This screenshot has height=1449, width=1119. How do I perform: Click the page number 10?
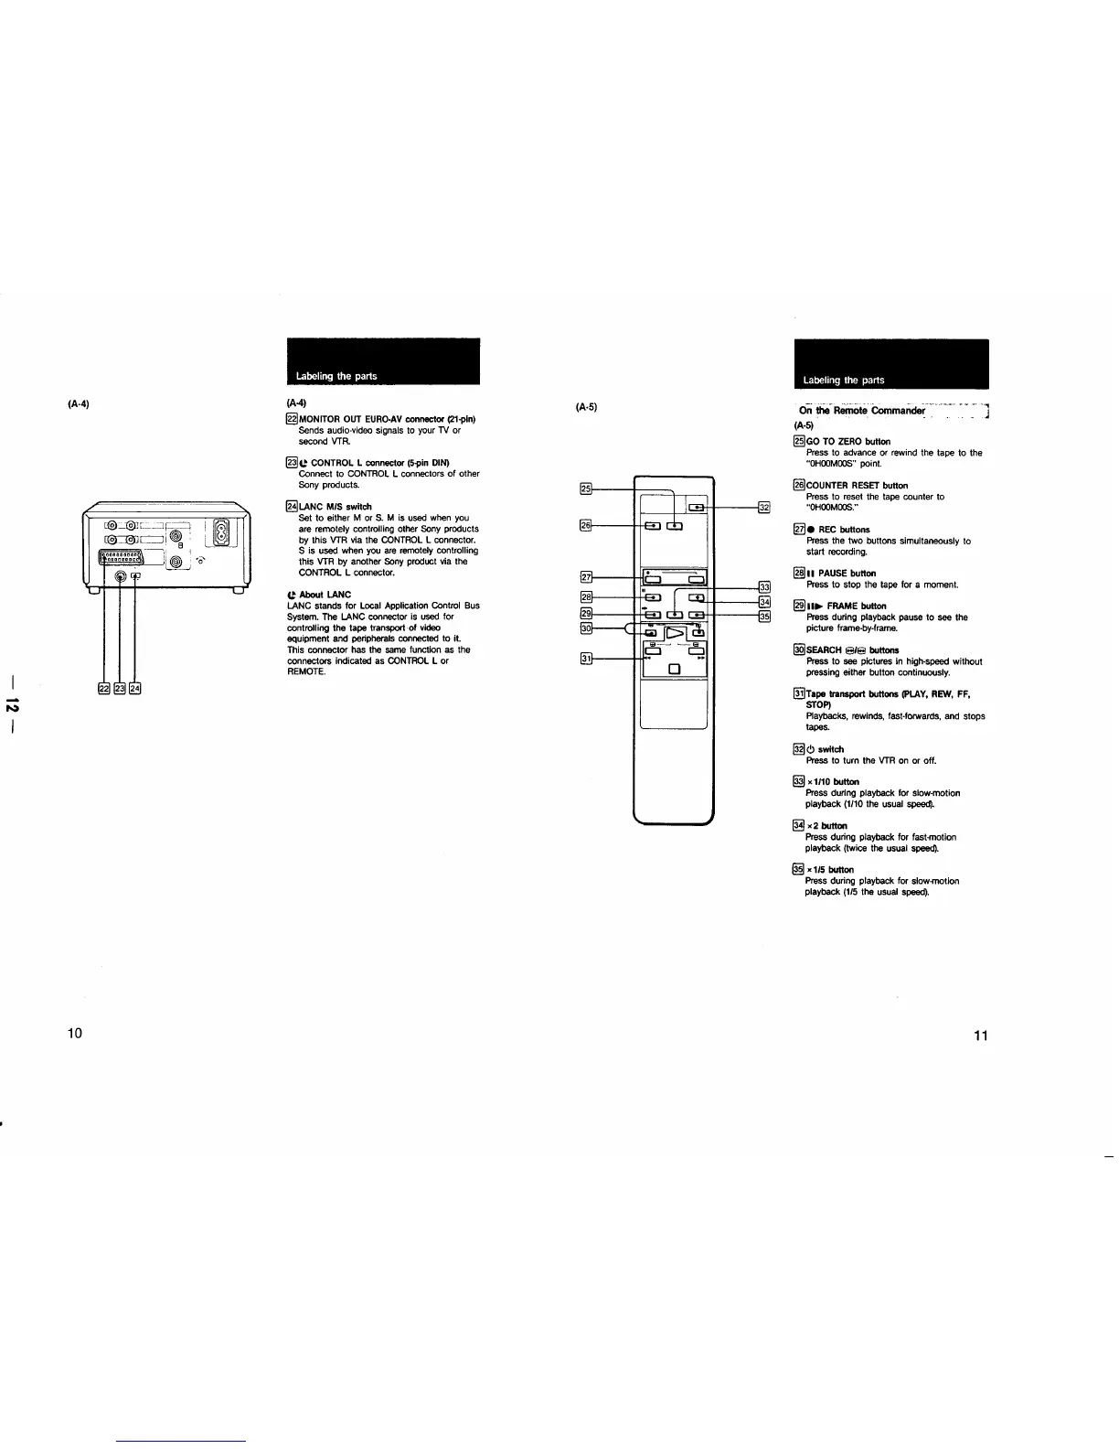[75, 1033]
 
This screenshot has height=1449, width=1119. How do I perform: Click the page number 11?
[981, 1036]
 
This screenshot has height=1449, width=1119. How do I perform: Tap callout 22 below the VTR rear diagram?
[103, 689]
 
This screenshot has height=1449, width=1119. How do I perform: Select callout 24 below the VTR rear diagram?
[134, 689]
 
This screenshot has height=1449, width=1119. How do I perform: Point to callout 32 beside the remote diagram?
[765, 507]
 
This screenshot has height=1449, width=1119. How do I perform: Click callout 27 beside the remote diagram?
[588, 576]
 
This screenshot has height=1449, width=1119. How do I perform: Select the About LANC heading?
[319, 595]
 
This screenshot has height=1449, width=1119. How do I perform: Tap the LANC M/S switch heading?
[335, 507]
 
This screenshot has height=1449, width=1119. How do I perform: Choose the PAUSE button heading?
[840, 574]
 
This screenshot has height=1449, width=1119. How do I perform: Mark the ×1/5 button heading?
[830, 870]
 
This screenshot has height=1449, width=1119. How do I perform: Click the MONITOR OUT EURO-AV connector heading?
[387, 420]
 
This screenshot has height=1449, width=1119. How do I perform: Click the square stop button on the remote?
[675, 669]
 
